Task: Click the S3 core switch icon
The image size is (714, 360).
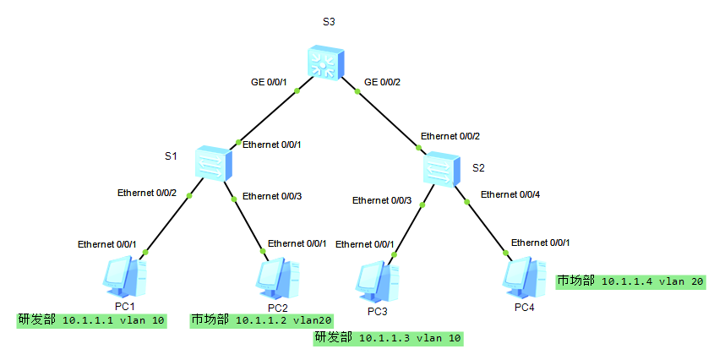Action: pyautogui.click(x=324, y=63)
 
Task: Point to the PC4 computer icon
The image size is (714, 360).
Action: pyautogui.click(x=524, y=277)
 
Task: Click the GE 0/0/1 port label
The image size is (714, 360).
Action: pyautogui.click(x=270, y=82)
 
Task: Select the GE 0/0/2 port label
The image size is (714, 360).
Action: pyautogui.click(x=382, y=82)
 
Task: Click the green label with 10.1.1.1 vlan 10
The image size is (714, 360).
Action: pyautogui.click(x=92, y=320)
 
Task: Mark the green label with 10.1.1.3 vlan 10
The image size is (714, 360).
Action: pyautogui.click(x=389, y=338)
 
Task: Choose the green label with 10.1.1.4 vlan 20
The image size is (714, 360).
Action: pyautogui.click(x=630, y=281)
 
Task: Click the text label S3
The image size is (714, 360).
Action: pyautogui.click(x=330, y=21)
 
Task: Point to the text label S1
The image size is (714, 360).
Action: pyautogui.click(x=171, y=155)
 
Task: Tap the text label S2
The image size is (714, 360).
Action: pyautogui.click(x=478, y=167)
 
